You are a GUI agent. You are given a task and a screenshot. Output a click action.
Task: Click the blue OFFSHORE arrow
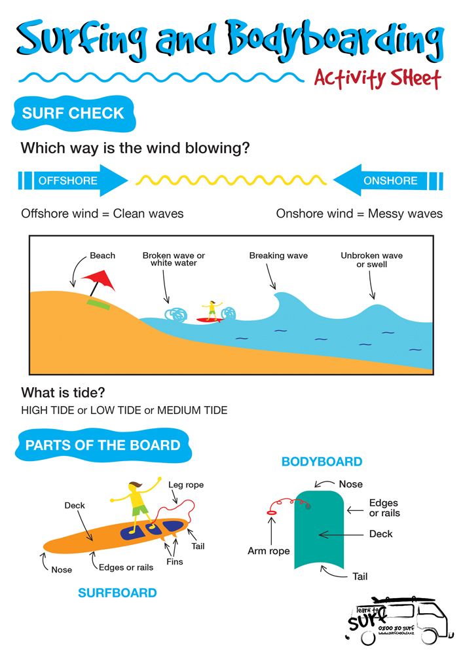pyautogui.click(x=72, y=181)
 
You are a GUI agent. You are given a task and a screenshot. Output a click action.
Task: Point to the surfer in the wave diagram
pyautogui.click(x=211, y=310)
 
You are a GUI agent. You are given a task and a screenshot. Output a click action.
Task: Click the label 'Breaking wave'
pyautogui.click(x=278, y=255)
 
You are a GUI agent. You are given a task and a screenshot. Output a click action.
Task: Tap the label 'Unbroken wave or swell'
pyautogui.click(x=371, y=260)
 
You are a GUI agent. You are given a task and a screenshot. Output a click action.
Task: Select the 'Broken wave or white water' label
pyautogui.click(x=174, y=259)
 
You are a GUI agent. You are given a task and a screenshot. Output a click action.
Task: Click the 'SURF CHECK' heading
pyautogui.click(x=73, y=113)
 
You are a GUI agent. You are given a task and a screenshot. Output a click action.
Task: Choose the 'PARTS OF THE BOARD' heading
pyautogui.click(x=103, y=446)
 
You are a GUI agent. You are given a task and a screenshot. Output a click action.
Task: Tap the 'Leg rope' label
pyautogui.click(x=186, y=485)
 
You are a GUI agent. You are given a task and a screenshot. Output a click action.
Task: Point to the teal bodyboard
pyautogui.click(x=319, y=531)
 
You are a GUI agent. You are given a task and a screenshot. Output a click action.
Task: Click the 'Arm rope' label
pyautogui.click(x=269, y=551)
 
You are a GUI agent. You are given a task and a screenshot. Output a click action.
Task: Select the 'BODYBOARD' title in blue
pyautogui.click(x=322, y=462)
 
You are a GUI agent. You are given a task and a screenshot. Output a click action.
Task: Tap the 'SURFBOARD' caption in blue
pyautogui.click(x=117, y=593)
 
